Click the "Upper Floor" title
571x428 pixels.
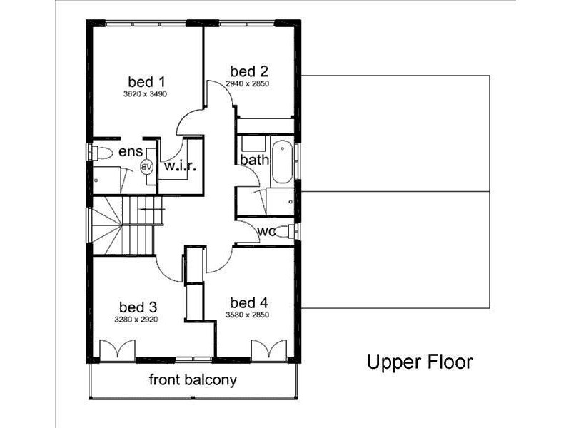point(419,362)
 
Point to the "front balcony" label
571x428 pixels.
point(193,379)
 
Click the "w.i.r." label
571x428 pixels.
point(181,165)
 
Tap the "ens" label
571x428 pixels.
point(131,151)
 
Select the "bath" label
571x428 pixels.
point(253,159)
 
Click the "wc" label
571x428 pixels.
point(267,231)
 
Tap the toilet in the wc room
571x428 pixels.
point(285,230)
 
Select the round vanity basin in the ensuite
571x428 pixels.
point(148,167)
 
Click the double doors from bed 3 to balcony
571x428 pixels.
point(118,350)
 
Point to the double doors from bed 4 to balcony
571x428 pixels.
point(268,350)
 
